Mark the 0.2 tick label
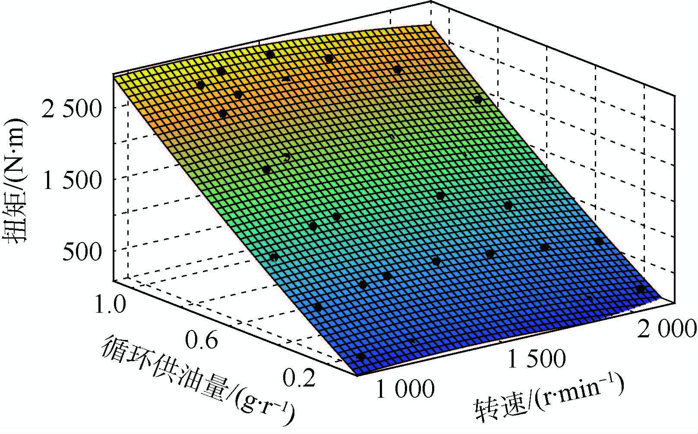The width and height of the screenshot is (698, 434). point(299,378)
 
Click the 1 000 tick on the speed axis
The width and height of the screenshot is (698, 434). point(405,390)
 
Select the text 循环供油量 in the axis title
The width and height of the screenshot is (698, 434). point(164,367)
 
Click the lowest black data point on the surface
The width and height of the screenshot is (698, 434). point(361,357)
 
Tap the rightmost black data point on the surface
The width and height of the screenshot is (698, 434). point(641,289)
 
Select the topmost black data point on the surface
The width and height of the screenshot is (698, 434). point(270,54)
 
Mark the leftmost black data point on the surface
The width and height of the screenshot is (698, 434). point(200,85)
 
